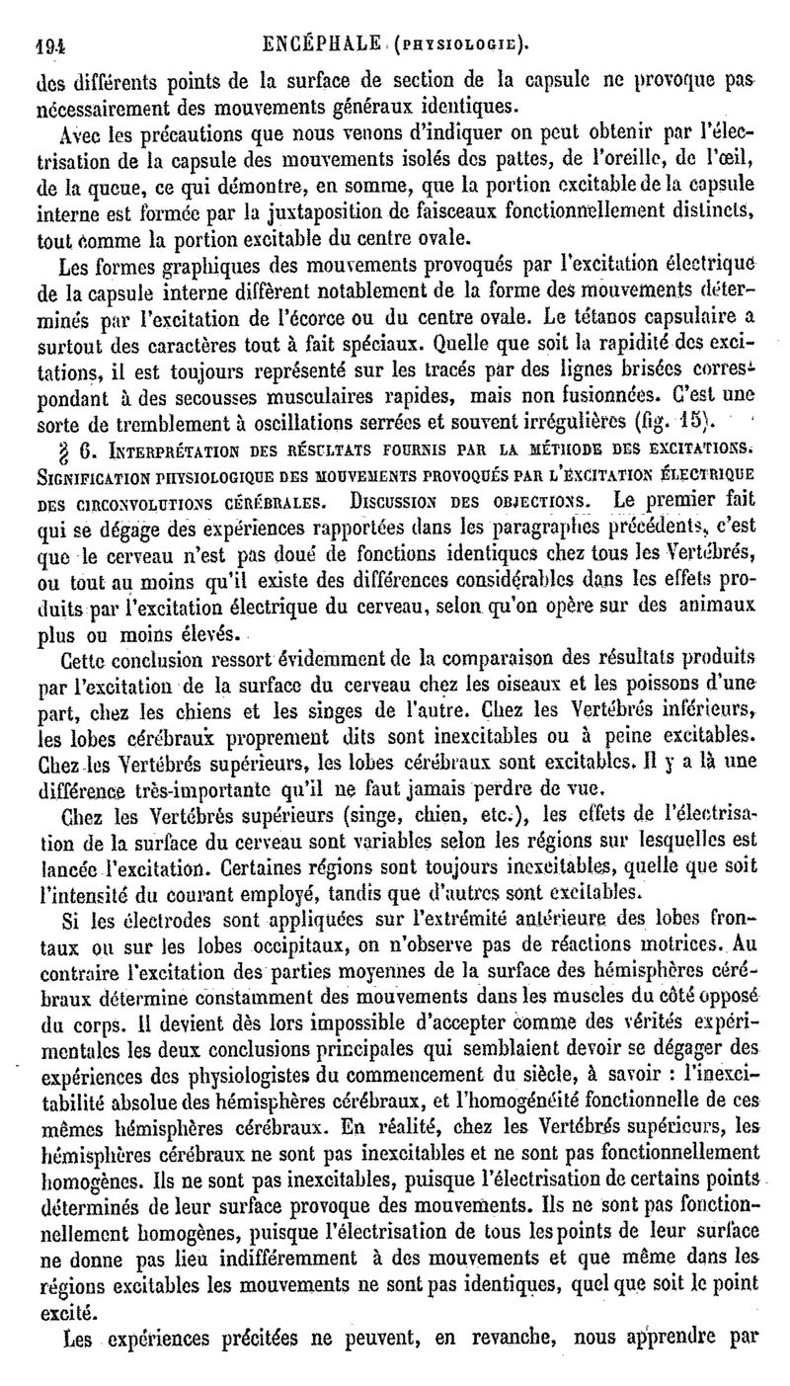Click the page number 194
(36, 42)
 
